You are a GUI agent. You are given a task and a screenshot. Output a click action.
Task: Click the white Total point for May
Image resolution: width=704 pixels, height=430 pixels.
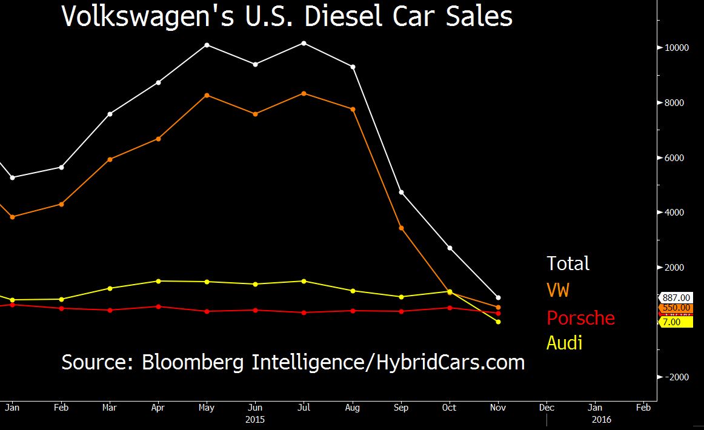(x=207, y=45)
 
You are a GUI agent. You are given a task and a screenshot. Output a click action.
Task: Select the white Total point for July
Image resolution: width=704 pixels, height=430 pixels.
(x=304, y=43)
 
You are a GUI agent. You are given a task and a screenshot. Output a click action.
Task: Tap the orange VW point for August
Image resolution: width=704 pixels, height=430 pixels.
(x=353, y=109)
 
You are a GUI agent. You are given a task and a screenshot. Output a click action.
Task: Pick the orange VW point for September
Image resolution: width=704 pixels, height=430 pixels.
(x=401, y=228)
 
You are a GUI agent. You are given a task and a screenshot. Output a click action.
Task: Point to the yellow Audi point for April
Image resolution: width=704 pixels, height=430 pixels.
(x=159, y=281)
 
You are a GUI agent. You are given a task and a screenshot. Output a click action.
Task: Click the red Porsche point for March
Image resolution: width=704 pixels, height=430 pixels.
(x=110, y=310)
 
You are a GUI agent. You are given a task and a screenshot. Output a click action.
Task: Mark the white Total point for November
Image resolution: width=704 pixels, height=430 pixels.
(x=498, y=297)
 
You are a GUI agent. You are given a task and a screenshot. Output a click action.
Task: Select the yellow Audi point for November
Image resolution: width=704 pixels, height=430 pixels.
(x=498, y=322)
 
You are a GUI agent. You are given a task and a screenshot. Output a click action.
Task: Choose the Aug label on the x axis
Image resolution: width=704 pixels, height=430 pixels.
(x=353, y=408)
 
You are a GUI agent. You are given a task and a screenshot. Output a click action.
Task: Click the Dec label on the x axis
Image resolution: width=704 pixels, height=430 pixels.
(x=546, y=408)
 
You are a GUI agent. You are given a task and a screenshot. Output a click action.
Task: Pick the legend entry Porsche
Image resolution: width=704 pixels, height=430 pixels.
(x=580, y=318)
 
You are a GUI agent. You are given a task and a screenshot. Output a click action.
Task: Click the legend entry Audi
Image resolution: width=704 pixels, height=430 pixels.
(x=565, y=343)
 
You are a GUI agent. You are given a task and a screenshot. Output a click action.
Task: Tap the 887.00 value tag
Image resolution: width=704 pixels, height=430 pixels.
(x=676, y=297)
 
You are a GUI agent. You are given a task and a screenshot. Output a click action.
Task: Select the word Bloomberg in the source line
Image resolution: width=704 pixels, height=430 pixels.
(x=194, y=362)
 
